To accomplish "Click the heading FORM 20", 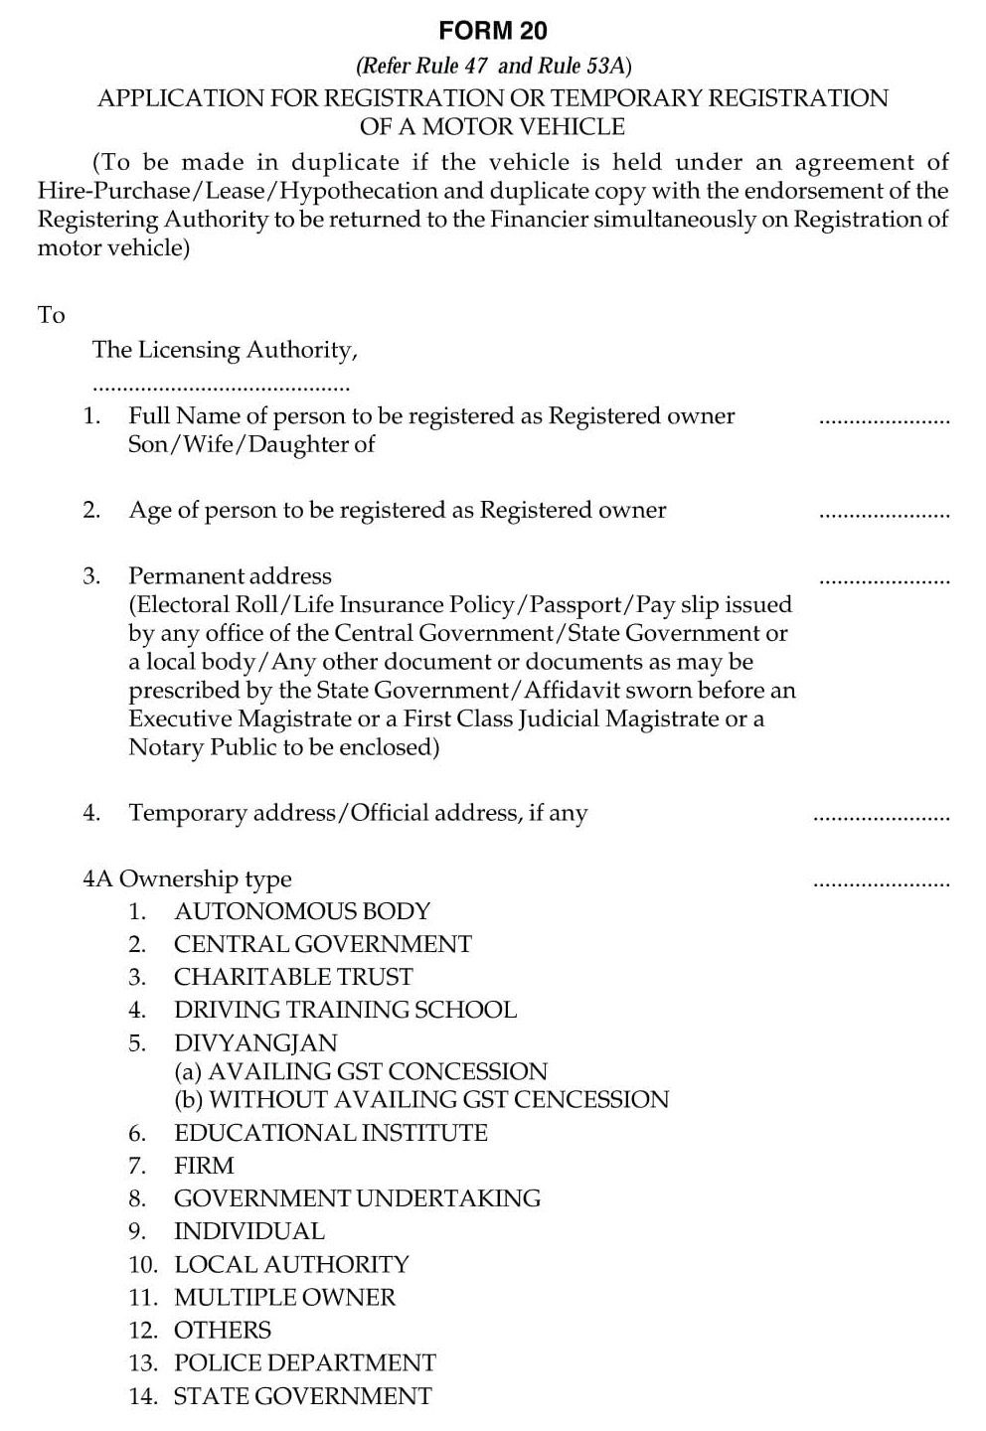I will coord(493,32).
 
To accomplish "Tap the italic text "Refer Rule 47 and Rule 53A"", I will coord(493,67).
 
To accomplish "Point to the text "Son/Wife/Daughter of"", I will coord(251,444).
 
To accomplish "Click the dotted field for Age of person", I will coord(884,516).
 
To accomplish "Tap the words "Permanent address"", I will coord(230,576).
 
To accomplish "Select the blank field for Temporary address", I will coord(882,819).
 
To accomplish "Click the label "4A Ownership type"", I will coord(188,879).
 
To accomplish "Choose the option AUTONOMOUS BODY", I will coord(302,911).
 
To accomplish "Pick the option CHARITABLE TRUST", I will coord(293,977).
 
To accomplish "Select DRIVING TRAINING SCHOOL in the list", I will coord(345,1010).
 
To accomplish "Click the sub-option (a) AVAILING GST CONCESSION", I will coord(361,1071).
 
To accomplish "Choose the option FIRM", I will coord(204,1166).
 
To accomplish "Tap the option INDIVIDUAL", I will coord(249,1231).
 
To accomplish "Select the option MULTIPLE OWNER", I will coord(284,1297).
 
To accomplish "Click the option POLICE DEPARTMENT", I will coord(305,1362).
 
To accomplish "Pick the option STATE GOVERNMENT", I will coord(303,1396).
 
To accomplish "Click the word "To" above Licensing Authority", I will coord(52,315).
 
